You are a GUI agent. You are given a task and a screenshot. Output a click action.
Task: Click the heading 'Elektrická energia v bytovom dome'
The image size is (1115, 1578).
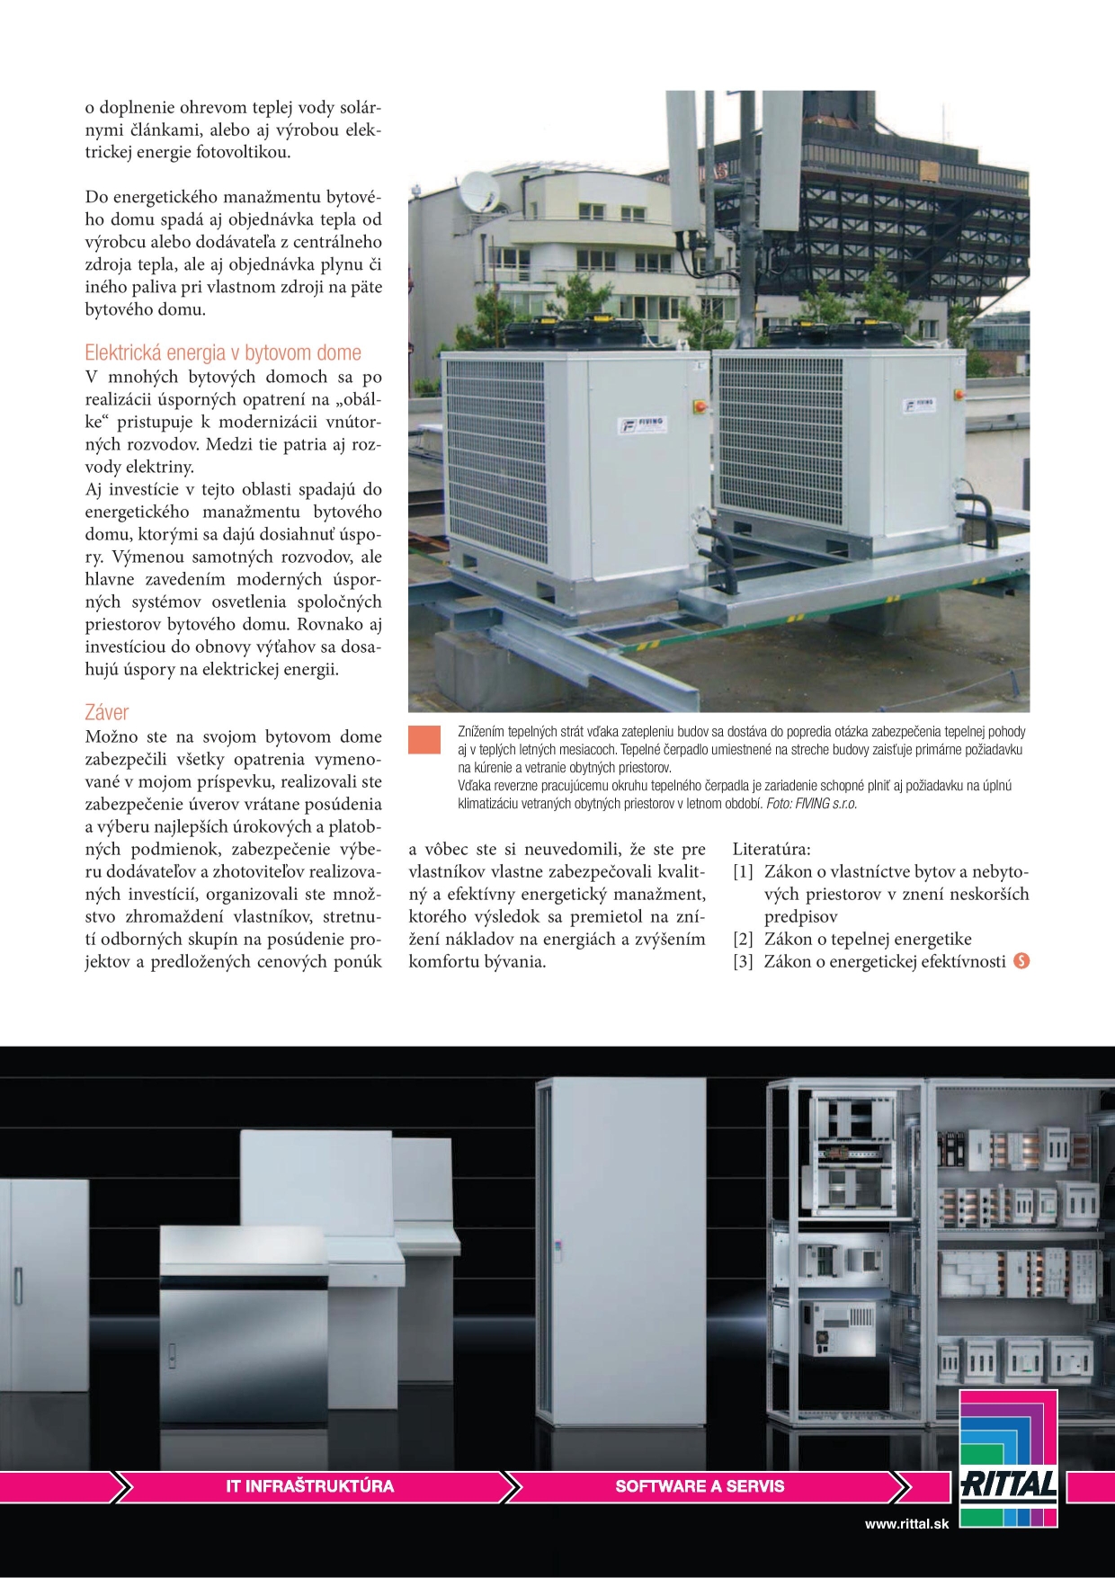[x=223, y=352]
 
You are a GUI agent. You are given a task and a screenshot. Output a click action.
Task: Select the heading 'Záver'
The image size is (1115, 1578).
[x=107, y=712]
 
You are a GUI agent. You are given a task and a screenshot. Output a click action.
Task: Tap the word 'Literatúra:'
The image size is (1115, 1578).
[x=772, y=849]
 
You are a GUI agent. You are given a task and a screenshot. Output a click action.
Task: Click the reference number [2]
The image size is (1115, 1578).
[x=743, y=940]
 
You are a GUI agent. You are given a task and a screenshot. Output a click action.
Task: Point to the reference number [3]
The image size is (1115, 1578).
[x=743, y=962]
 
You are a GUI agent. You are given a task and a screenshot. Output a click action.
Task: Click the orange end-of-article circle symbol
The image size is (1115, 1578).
[x=1021, y=961]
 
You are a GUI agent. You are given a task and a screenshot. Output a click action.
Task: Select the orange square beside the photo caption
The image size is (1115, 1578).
[x=424, y=739]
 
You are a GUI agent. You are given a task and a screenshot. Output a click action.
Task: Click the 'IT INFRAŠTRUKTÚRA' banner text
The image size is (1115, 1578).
[x=310, y=1486]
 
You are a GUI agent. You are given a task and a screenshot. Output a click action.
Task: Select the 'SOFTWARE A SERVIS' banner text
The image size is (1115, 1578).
[x=700, y=1486]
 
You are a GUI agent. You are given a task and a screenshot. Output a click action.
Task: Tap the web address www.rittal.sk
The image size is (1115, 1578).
[x=907, y=1524]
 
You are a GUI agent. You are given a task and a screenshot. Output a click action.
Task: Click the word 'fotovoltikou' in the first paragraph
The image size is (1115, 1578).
[x=243, y=153]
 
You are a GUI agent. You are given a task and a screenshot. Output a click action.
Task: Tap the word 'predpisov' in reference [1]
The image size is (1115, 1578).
[x=800, y=917]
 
